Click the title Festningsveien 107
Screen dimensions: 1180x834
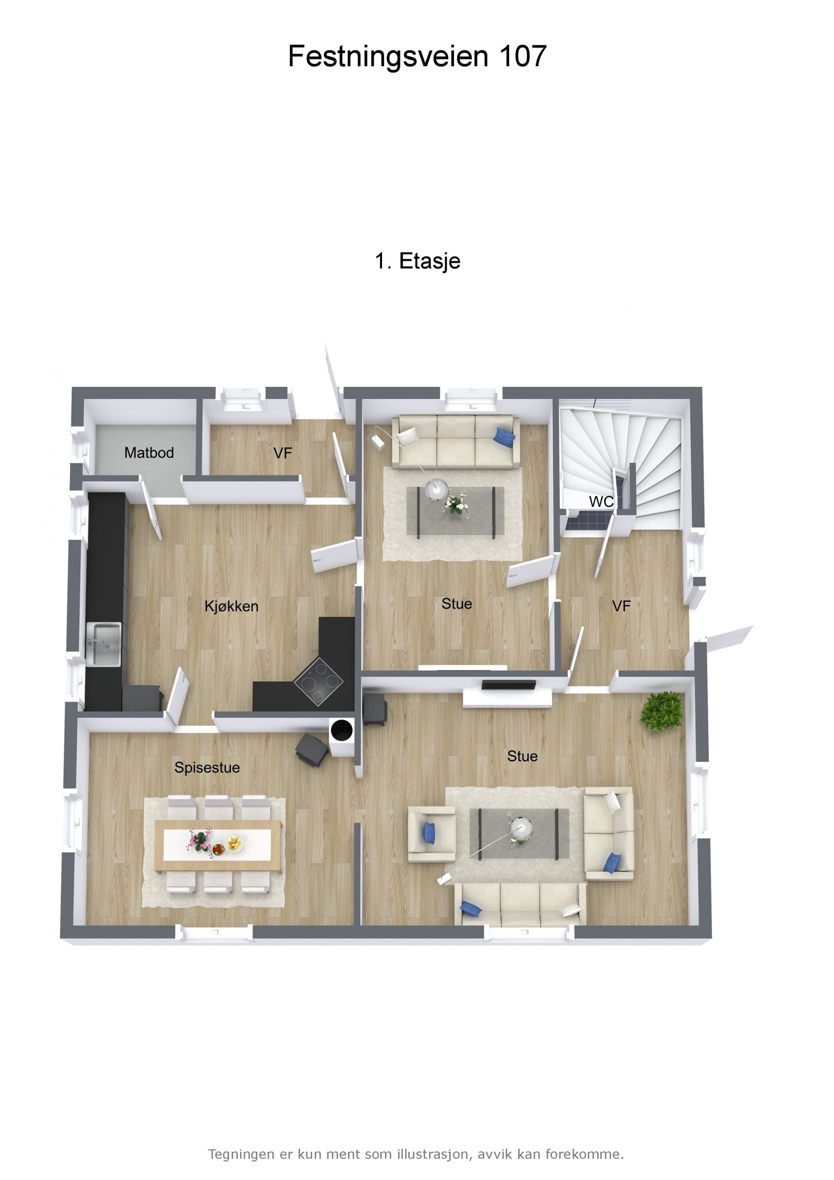tap(417, 56)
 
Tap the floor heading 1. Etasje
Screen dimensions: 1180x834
tap(417, 261)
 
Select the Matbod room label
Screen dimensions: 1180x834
tap(149, 453)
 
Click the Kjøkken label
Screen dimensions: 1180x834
tap(231, 606)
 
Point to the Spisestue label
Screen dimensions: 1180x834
tap(207, 768)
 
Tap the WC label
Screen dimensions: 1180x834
tap(600, 502)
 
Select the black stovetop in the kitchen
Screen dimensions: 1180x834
tap(318, 682)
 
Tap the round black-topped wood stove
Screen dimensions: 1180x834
tap(341, 730)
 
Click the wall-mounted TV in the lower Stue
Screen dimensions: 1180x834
tap(508, 684)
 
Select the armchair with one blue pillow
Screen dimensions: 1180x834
tap(431, 834)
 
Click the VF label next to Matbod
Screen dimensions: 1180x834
tap(283, 453)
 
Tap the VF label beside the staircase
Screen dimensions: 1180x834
tap(621, 606)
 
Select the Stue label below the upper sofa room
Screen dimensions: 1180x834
tap(457, 604)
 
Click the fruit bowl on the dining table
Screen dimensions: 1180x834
tap(234, 842)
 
